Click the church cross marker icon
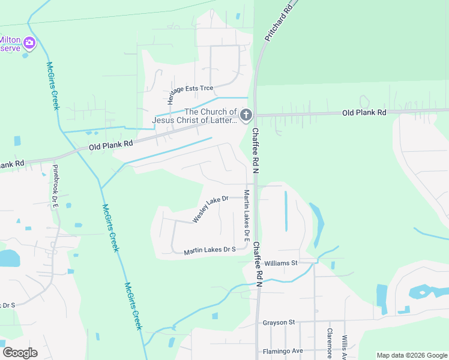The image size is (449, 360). click(x=246, y=115)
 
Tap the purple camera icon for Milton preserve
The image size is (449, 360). click(x=29, y=43)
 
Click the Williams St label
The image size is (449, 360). click(x=281, y=263)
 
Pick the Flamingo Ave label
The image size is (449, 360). click(x=283, y=351)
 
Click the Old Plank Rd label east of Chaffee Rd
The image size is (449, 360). click(x=364, y=112)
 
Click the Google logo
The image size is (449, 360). click(x=20, y=352)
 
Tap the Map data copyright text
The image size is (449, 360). click(x=411, y=355)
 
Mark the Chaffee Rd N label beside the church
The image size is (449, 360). click(x=255, y=151)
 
